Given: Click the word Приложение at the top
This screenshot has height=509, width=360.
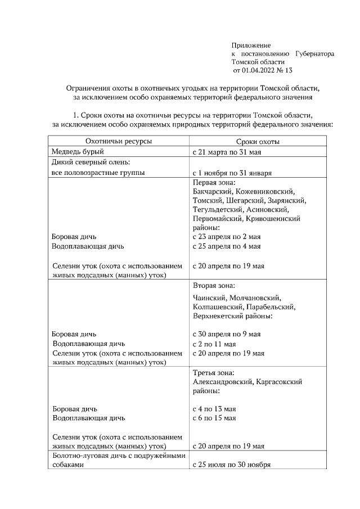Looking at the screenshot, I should [251, 45].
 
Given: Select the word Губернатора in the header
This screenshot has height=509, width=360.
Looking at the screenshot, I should [314, 53].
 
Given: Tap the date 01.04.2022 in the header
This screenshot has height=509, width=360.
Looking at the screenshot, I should [260, 70].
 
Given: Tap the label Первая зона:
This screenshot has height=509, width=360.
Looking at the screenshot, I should [214, 183].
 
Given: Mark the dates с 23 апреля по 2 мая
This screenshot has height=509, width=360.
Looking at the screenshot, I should [226, 237].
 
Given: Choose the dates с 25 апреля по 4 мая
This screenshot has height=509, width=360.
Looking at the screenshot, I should [226, 246].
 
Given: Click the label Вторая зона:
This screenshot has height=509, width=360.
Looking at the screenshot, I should [214, 286].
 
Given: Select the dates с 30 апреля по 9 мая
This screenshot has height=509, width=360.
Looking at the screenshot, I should [226, 334].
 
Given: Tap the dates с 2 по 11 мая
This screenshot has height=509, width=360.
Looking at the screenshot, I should [214, 344].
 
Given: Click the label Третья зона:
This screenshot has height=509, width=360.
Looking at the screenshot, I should [213, 373].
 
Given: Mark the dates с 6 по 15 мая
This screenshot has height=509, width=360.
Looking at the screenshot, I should [214, 418].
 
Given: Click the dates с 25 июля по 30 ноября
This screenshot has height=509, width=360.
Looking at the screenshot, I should [232, 465].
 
